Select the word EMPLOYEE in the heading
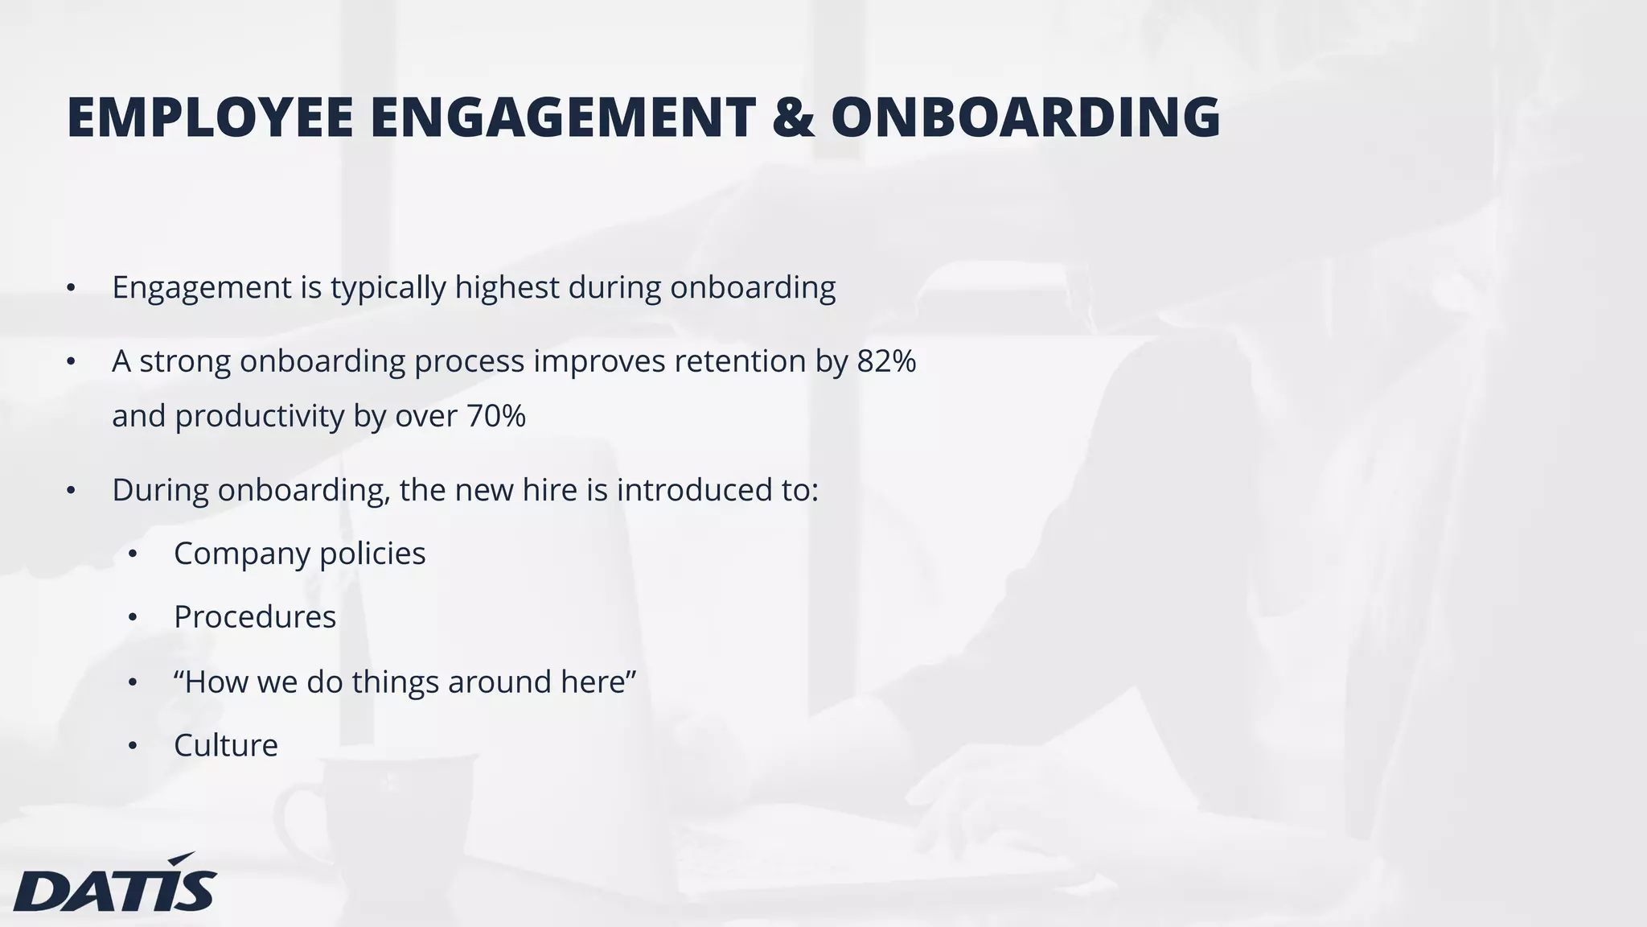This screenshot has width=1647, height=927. pyautogui.click(x=210, y=117)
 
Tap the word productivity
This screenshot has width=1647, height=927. pyautogui.click(x=260, y=417)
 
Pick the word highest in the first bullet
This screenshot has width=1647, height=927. pyautogui.click(x=507, y=287)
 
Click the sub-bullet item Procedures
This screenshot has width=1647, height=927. pyautogui.click(x=255, y=617)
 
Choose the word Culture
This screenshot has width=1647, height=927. pyautogui.click(x=226, y=745)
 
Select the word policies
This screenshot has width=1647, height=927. pyautogui.click(x=372, y=554)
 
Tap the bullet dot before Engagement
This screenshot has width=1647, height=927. pyautogui.click(x=71, y=288)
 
